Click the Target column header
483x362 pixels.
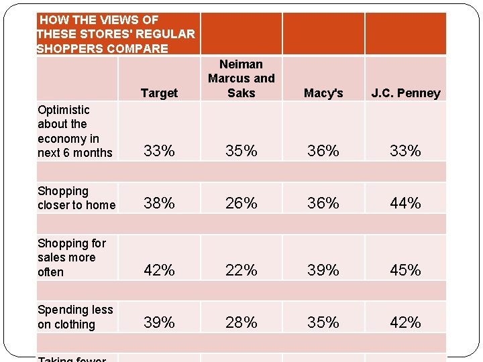159,93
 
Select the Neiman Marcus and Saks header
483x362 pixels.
241,78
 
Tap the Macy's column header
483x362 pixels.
323,93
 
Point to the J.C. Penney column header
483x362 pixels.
405,93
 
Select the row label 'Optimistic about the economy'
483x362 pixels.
75,131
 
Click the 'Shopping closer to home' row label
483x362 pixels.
76,198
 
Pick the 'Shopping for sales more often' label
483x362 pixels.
72,257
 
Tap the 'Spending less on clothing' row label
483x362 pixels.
75,317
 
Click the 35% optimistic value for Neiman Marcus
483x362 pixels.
241,152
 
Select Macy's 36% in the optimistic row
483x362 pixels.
323,152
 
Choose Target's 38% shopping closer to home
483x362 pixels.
159,203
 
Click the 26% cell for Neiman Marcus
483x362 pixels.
241,203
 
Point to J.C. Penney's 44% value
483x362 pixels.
405,203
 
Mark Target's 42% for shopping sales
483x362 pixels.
159,270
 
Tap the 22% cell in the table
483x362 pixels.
241,270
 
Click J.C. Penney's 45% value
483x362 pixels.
405,270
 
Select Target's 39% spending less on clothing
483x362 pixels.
159,322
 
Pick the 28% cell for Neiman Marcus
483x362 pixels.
241,322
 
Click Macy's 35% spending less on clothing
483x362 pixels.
323,322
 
